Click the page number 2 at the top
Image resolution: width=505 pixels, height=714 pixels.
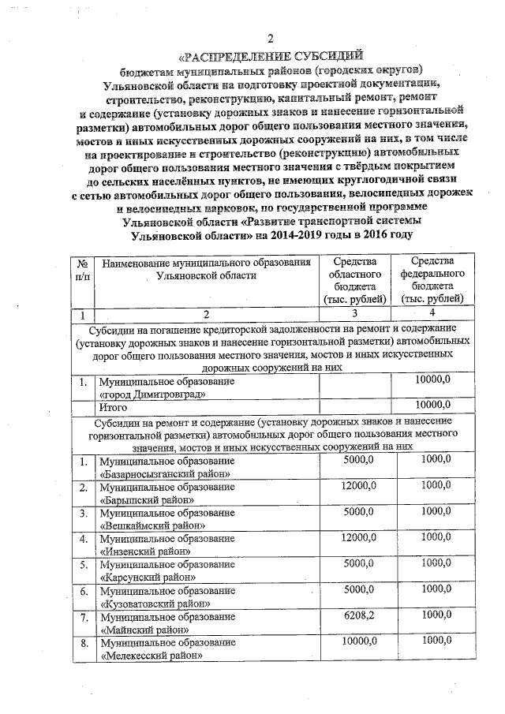[x=271, y=40]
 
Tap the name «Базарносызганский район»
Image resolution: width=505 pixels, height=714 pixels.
[x=165, y=474]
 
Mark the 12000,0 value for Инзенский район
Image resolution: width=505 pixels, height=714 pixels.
[x=359, y=538]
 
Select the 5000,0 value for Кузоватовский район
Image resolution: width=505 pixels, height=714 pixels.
[x=359, y=589]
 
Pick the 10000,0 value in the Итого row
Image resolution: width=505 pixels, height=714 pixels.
[x=433, y=406]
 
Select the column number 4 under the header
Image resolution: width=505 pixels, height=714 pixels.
[x=433, y=315]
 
